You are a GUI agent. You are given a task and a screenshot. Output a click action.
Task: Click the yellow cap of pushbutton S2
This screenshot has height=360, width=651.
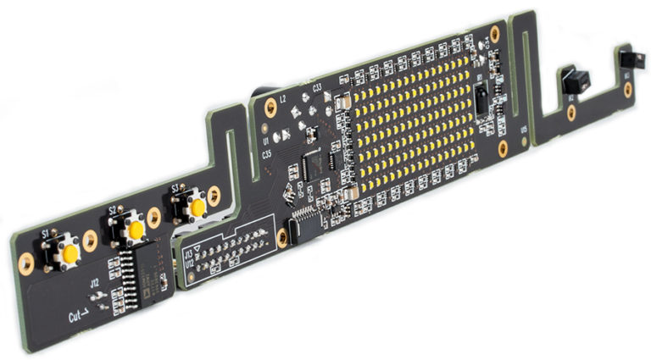135,230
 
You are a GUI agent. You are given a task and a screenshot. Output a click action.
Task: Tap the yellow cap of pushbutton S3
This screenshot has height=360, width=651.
198,208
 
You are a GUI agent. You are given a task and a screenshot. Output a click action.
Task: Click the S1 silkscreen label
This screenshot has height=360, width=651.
45,232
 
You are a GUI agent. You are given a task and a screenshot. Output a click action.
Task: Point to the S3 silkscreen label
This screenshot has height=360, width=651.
175,187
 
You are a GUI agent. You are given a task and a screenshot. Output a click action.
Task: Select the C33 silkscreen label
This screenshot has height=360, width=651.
315,86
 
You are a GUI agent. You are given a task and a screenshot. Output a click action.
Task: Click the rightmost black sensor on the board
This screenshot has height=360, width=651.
628,60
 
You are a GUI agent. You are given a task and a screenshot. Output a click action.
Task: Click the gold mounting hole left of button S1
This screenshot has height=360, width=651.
26,263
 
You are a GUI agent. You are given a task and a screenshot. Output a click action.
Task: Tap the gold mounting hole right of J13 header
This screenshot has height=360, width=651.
282,238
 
